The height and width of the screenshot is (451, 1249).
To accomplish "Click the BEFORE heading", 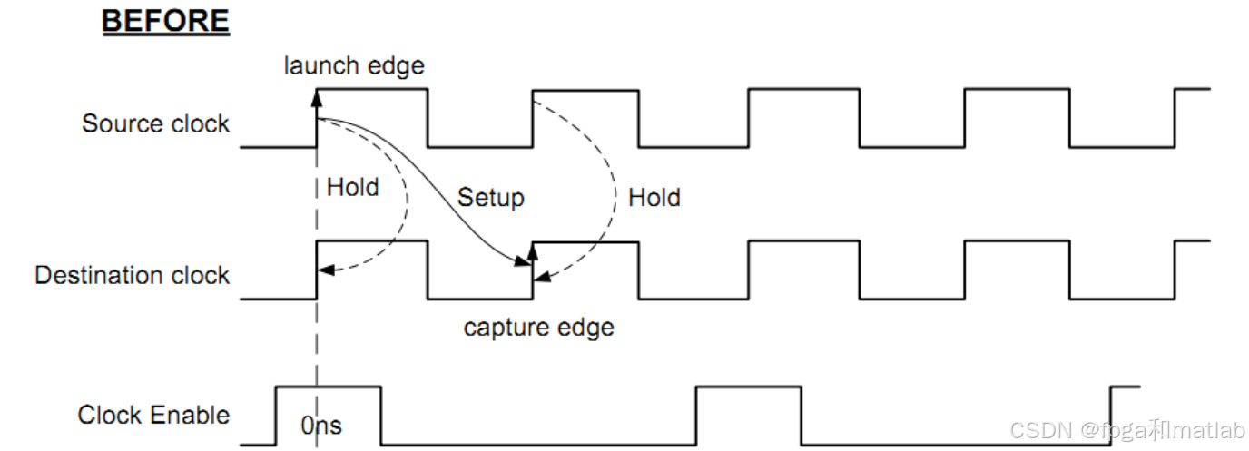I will (x=165, y=22).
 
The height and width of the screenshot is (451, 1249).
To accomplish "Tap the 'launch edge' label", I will (x=354, y=66).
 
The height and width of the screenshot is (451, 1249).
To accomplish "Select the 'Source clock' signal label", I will (x=155, y=123).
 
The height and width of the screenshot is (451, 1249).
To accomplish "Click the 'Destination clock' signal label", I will (x=132, y=275).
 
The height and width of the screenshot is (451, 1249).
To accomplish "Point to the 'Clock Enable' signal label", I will (x=153, y=416).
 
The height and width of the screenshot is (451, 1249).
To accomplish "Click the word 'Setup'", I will (x=490, y=197).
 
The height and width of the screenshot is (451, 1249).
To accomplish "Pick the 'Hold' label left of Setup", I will (x=352, y=188).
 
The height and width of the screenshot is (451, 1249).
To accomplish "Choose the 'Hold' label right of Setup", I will (x=654, y=197).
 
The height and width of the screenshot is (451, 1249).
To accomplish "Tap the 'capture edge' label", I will (x=538, y=327).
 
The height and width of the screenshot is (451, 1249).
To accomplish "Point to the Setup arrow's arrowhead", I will (x=524, y=263).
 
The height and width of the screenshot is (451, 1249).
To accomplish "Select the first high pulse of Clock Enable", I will (x=328, y=387).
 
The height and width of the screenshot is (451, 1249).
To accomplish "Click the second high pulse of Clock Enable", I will (x=748, y=387).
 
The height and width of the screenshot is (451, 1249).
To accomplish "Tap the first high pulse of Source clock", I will (x=372, y=89).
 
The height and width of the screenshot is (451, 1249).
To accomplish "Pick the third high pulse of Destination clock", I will (x=803, y=241).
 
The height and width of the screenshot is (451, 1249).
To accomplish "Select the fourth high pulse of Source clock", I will (x=1017, y=89).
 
